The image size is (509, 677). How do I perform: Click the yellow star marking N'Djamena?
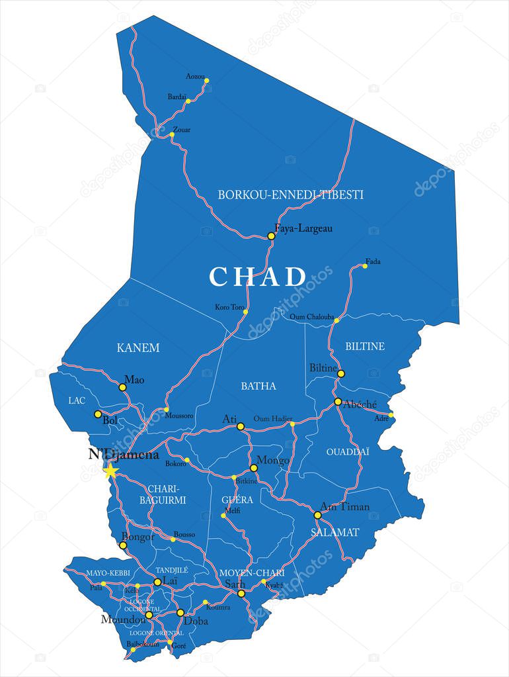[110, 471]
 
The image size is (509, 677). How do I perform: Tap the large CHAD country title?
[258, 277]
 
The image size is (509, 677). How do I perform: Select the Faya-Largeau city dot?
[271, 236]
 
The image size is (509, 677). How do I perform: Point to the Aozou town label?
[195, 76]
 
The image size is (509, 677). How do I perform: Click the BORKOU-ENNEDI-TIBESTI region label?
[291, 195]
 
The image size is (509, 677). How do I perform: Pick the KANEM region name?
[138, 347]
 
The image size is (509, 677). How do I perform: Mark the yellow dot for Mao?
[122, 387]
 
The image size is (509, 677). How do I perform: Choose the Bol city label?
[110, 420]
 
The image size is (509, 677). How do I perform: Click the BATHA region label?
[258, 386]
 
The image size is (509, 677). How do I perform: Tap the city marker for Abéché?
[338, 402]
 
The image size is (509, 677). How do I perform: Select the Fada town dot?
[364, 266]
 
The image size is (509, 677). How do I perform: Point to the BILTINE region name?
[365, 346]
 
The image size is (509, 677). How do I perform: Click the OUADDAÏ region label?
[348, 451]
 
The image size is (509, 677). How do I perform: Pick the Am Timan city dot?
[317, 515]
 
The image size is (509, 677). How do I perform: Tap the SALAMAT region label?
[335, 532]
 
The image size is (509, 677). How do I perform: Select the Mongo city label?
[273, 460]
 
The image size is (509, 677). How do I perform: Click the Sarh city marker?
[241, 594]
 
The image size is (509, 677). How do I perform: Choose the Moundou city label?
[122, 619]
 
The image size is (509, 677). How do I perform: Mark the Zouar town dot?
[172, 135]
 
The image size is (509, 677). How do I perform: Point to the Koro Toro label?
[229, 307]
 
